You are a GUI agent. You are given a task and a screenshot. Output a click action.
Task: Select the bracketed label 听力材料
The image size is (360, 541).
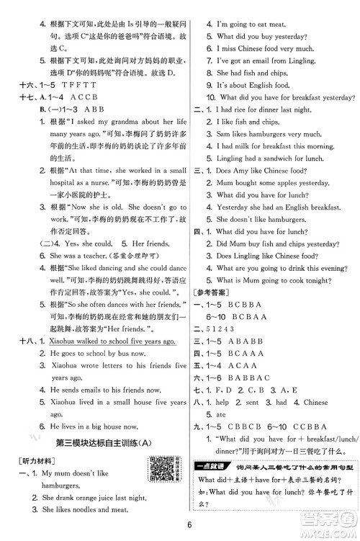(36, 459)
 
